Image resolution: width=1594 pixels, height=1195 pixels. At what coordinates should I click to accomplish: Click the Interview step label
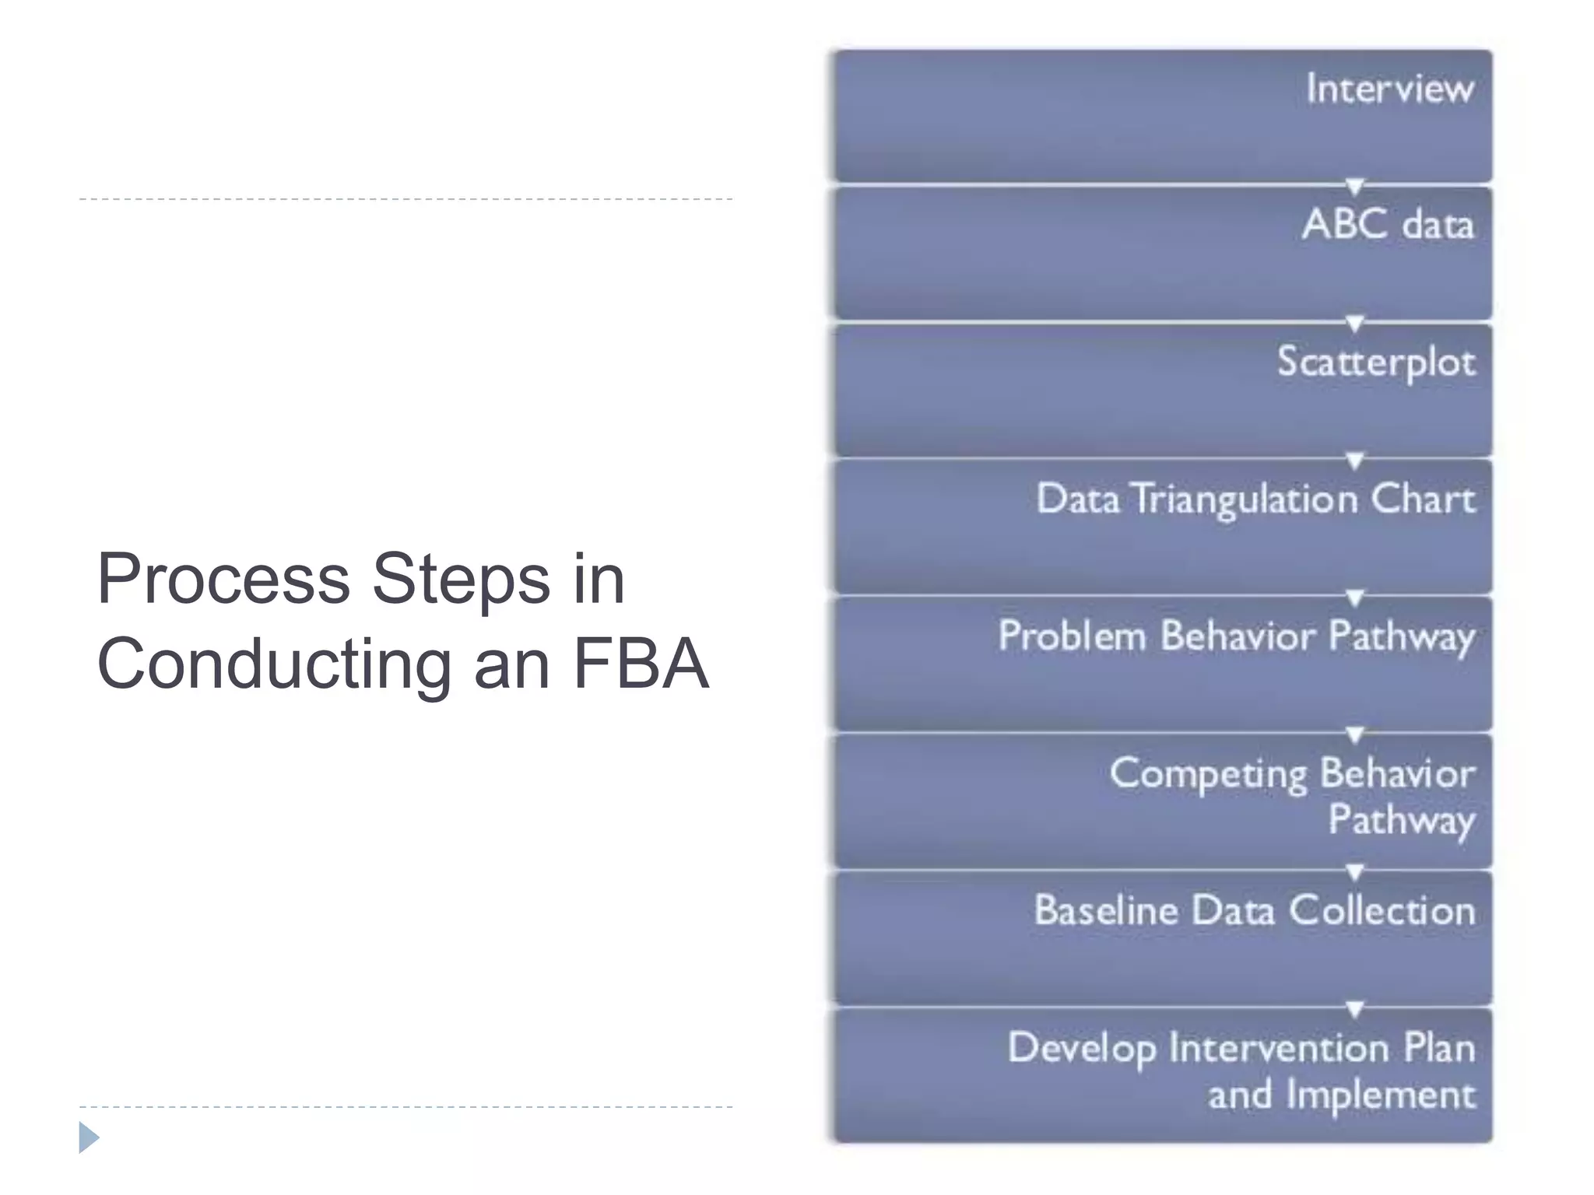(1389, 89)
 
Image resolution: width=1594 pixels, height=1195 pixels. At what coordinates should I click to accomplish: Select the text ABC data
(1388, 225)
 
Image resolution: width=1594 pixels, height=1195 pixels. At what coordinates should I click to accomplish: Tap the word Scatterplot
(1375, 363)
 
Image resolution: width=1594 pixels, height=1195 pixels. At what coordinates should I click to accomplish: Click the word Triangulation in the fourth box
(1245, 500)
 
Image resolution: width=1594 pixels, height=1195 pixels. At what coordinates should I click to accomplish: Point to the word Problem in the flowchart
(1072, 636)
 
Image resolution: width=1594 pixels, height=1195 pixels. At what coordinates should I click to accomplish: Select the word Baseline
(1105, 910)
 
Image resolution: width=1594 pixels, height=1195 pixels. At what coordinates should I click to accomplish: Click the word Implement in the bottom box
(1380, 1095)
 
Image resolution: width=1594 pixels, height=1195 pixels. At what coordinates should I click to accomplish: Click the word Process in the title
(223, 579)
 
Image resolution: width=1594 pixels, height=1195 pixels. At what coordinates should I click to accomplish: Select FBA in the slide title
(641, 664)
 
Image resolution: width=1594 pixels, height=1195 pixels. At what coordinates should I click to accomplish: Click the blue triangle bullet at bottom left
(89, 1137)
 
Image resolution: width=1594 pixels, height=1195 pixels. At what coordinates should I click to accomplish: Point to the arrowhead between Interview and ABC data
(1354, 187)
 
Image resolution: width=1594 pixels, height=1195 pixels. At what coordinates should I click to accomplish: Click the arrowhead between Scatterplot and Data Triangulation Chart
(1354, 461)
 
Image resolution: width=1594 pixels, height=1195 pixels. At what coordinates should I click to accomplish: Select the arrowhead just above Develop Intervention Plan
(1354, 1009)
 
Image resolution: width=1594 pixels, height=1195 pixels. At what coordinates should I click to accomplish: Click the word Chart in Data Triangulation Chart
(1422, 499)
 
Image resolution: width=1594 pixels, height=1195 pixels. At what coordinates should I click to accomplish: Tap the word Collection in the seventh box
(1382, 910)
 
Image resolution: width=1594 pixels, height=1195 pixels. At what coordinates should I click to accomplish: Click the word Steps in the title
(461, 579)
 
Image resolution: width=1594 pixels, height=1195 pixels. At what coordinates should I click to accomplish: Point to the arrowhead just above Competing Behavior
(1354, 735)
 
